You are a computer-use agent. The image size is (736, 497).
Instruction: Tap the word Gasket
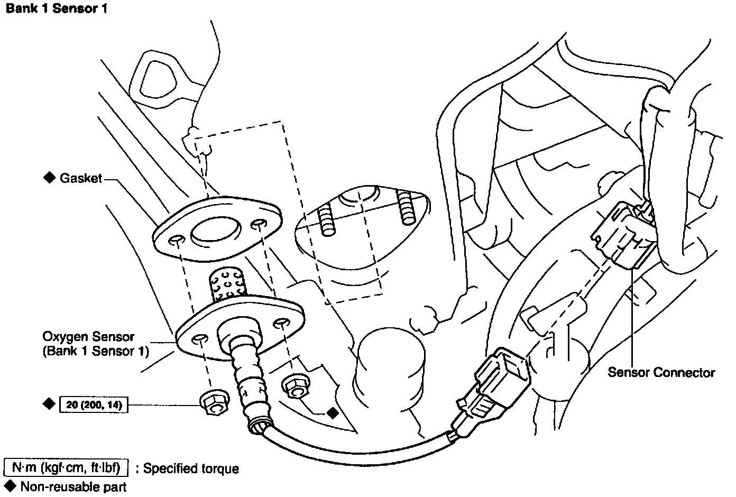80,178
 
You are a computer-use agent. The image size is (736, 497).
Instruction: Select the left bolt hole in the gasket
176,241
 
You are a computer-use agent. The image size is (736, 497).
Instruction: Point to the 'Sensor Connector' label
661,372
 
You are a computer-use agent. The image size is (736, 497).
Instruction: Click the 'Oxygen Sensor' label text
89,337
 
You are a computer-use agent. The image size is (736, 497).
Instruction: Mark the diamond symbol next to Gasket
49,178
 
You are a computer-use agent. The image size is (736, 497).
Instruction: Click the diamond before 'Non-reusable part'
10,484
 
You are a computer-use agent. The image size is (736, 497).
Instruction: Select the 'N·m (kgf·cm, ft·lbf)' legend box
66,468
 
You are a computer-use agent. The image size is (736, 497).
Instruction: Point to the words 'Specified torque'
191,468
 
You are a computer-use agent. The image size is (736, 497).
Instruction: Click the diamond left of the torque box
49,404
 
